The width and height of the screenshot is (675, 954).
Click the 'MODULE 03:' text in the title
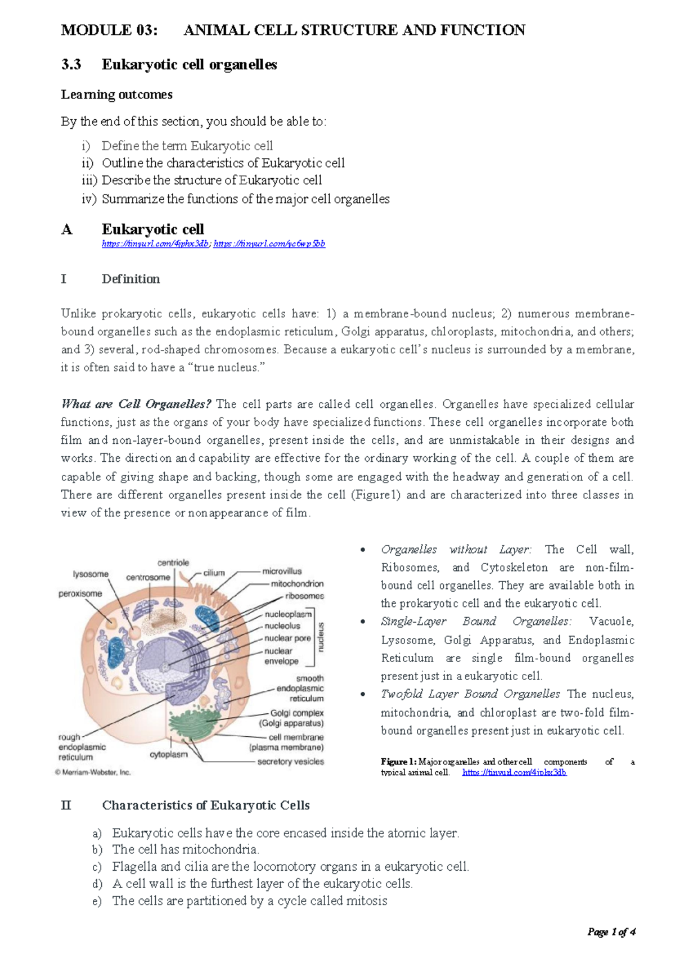pos(109,30)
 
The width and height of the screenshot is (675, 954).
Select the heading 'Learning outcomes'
pos(116,94)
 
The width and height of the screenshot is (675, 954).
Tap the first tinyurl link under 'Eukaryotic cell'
pos(155,244)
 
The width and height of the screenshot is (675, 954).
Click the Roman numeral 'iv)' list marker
pos(89,199)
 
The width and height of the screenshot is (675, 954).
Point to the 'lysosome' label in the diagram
pos(91,574)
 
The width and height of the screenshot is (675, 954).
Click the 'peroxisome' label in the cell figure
pos(80,593)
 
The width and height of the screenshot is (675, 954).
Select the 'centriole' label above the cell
pos(173,562)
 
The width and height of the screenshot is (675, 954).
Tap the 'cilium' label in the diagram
pos(214,573)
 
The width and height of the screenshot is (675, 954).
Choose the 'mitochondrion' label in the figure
pos(297,584)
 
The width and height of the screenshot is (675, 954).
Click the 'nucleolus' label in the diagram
pos(282,626)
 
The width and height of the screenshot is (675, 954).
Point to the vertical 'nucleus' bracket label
pos(321,637)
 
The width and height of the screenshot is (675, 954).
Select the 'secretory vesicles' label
pos(290,762)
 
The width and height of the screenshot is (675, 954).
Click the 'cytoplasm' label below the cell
pos(169,754)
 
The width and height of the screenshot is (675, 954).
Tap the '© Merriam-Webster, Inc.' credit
pos(93,772)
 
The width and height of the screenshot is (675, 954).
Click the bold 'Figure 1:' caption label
pos(398,762)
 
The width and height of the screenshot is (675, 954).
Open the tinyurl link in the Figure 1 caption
pos(514,772)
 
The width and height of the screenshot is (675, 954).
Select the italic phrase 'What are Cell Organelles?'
pos(136,404)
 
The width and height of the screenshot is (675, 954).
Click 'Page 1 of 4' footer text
pos(611,932)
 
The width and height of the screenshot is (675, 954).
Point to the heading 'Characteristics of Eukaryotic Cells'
pos(206,805)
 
